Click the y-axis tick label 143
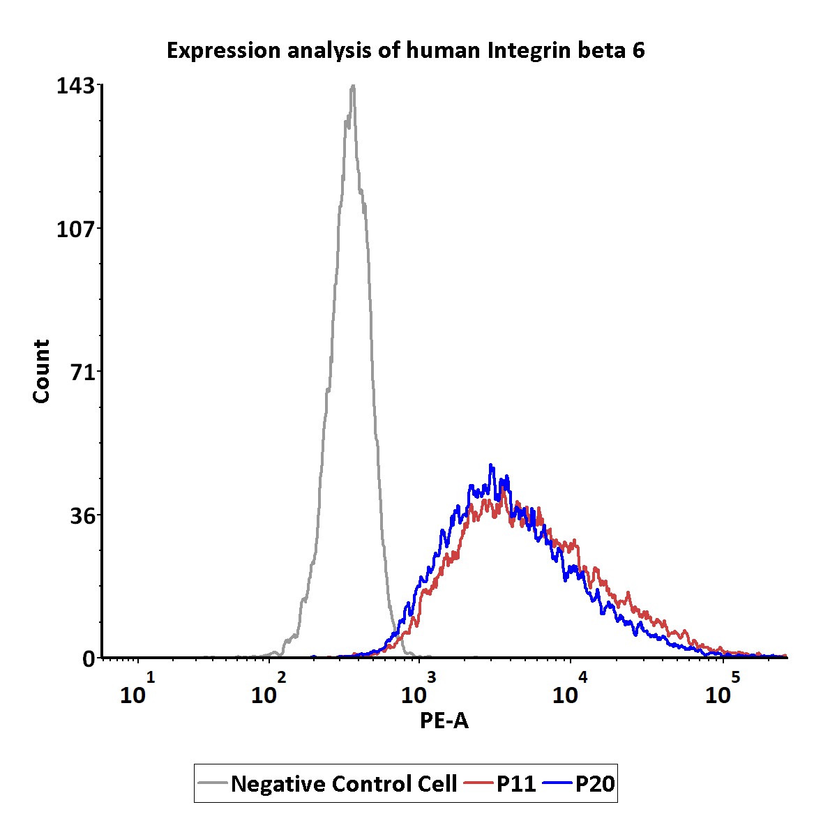click(x=75, y=86)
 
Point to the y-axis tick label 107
click(x=75, y=229)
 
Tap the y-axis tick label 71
click(x=82, y=372)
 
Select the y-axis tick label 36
click(x=82, y=517)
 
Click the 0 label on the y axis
click(x=88, y=660)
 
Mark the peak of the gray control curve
click(x=353, y=86)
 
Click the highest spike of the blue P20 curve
click(x=491, y=465)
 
